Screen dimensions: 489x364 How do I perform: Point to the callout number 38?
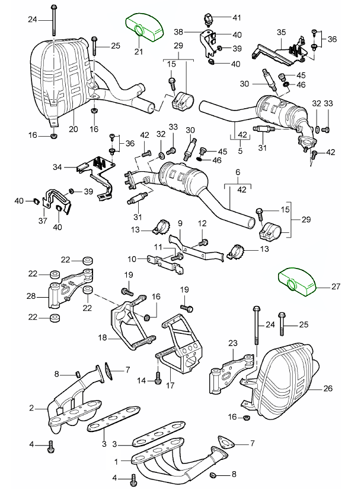(194, 31)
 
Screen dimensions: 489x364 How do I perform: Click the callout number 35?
(281, 31)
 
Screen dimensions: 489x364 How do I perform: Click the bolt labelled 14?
(158, 376)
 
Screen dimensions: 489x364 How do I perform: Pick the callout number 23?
(232, 343)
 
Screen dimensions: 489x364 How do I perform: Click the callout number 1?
(116, 460)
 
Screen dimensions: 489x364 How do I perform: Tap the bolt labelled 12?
(205, 241)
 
